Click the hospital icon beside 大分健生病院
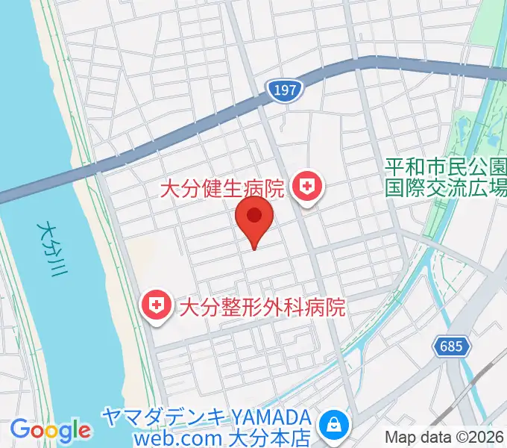(306, 187)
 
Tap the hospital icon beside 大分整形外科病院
(157, 306)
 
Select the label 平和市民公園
(445, 166)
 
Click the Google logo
(51, 430)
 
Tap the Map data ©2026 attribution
(445, 438)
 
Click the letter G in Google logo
(19, 429)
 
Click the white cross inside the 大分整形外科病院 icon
(157, 305)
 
